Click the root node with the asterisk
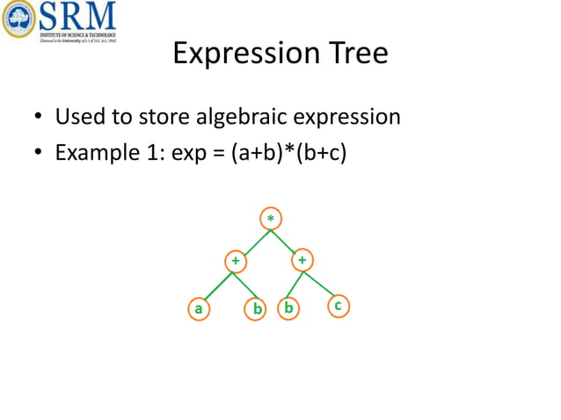(x=270, y=217)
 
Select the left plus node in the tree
(x=235, y=261)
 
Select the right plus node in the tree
(x=302, y=260)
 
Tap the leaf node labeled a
(x=199, y=308)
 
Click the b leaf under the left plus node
(x=257, y=308)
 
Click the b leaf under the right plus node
(x=288, y=308)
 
